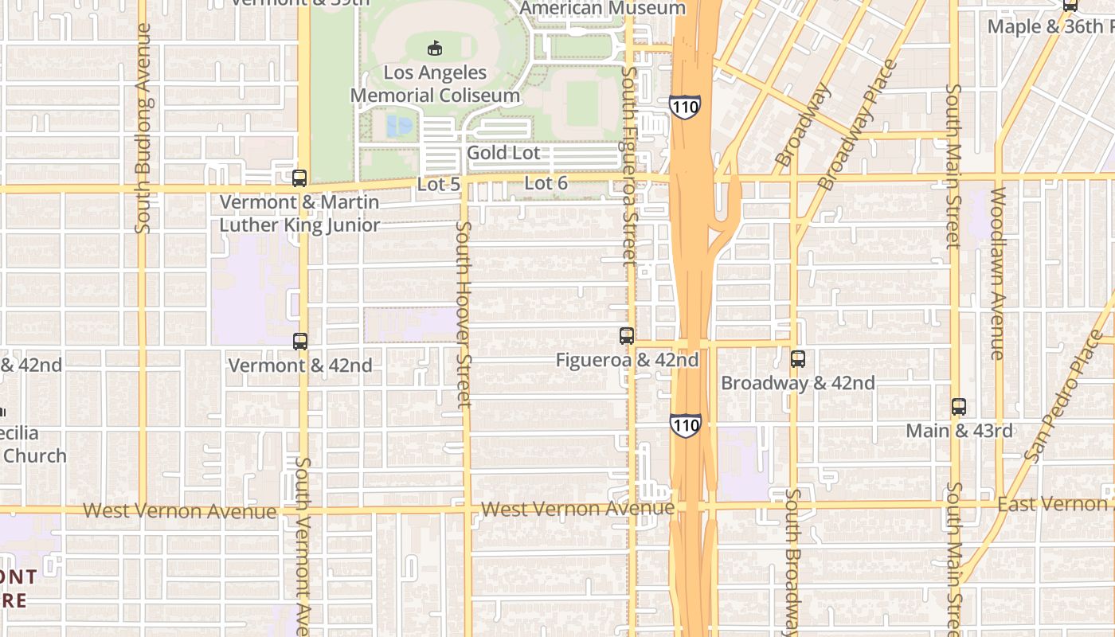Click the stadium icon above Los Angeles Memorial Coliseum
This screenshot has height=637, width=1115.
[x=435, y=48]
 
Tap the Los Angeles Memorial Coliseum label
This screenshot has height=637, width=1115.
[x=436, y=84]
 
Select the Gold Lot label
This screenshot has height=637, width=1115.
[x=503, y=152]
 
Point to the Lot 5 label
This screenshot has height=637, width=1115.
[x=439, y=184]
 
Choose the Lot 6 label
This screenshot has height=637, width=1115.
[x=546, y=183]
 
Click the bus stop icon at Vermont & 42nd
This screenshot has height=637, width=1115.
[x=300, y=342]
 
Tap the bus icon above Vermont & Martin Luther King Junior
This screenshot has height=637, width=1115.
[x=299, y=178]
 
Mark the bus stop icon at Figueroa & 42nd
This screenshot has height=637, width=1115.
[x=627, y=336]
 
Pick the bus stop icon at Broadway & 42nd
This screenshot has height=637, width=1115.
[x=798, y=359]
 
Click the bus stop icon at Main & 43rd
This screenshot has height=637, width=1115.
[x=959, y=407]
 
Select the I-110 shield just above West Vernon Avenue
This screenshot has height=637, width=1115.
[x=685, y=424]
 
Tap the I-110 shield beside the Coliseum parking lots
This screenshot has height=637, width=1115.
[x=685, y=106]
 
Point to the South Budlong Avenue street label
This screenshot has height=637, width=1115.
[x=143, y=127]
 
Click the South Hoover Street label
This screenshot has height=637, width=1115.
[x=464, y=315]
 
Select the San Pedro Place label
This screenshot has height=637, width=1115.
[x=1066, y=396]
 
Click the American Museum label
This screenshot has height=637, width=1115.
[x=602, y=8]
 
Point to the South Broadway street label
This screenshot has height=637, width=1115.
[x=792, y=561]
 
